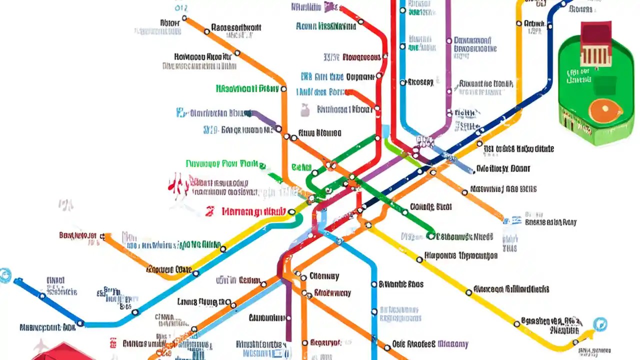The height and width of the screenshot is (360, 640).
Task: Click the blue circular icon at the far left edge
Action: [4, 274]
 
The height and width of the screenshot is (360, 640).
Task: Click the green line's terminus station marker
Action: [431, 235]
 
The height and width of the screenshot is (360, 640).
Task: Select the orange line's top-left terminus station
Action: [184, 18]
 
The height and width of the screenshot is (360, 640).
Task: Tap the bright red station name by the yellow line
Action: [254, 211]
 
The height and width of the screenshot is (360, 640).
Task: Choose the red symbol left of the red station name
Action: [210, 211]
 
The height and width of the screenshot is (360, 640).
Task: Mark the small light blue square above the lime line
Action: [386, 131]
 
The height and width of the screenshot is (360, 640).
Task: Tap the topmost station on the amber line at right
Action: [519, 23]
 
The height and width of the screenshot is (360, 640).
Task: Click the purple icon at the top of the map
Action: [329, 6]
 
